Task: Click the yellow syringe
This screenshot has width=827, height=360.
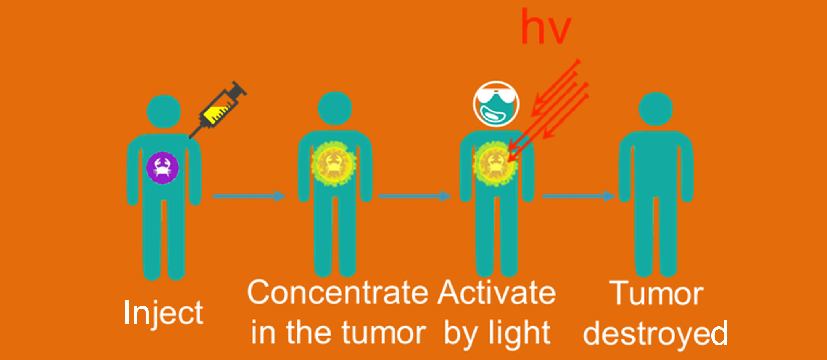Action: (x=218, y=109)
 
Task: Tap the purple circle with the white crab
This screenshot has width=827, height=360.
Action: (x=163, y=168)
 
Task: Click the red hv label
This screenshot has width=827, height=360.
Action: (x=546, y=27)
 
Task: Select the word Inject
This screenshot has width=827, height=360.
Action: (x=163, y=312)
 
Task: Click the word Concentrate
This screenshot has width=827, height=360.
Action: (x=338, y=292)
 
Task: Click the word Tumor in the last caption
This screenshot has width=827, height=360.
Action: (x=656, y=293)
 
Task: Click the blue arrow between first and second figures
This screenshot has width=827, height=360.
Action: (x=249, y=196)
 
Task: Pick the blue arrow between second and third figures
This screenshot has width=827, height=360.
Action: (x=415, y=196)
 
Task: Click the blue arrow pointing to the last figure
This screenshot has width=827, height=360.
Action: (x=579, y=196)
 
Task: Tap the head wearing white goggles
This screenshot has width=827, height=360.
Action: (x=496, y=104)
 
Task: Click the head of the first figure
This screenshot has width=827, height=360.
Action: (x=164, y=111)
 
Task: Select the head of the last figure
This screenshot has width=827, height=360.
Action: (x=656, y=109)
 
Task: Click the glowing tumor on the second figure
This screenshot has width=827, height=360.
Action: (x=334, y=163)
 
